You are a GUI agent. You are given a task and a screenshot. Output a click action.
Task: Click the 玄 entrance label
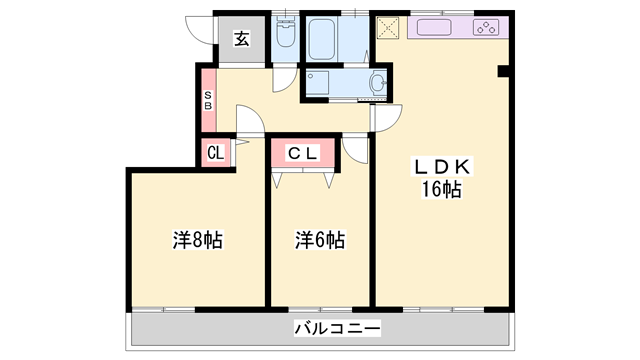click(x=242, y=40)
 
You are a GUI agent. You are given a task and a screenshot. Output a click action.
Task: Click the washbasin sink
click(x=379, y=84)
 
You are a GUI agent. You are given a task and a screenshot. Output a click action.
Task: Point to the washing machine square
click(x=319, y=83)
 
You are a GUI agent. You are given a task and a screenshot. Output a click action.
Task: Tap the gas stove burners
click(x=487, y=27)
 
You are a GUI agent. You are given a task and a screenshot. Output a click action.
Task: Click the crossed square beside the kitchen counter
click(x=388, y=27)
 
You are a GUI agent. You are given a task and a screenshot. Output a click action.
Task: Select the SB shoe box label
click(x=208, y=100)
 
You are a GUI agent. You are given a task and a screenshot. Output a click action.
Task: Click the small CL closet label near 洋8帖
click(x=215, y=153)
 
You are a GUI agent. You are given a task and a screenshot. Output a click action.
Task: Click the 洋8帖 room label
click(x=197, y=240)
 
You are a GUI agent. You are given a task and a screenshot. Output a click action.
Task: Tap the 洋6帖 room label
click(x=320, y=240)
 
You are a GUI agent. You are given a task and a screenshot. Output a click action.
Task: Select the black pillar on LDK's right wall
click(x=503, y=71)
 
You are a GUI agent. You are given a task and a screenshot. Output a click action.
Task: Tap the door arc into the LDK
click(x=383, y=116)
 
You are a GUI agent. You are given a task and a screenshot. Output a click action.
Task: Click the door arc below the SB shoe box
click(x=250, y=124)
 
